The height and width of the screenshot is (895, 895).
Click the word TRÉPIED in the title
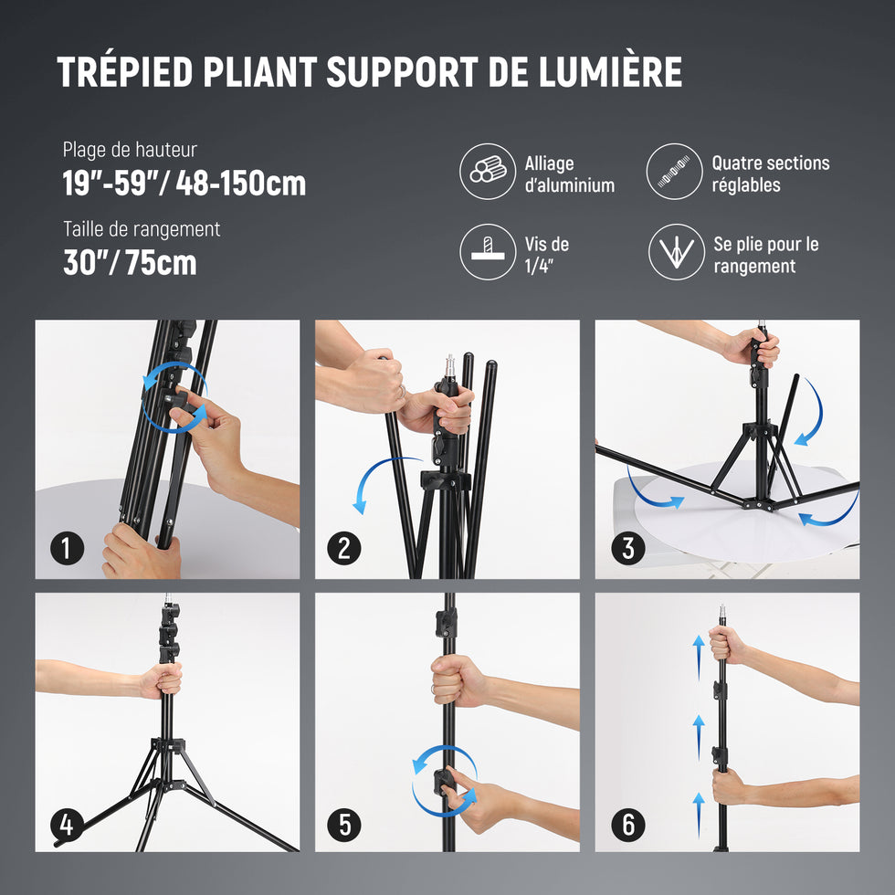(125, 72)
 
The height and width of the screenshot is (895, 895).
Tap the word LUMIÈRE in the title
(610, 71)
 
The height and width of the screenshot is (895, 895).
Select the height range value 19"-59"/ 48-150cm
(184, 184)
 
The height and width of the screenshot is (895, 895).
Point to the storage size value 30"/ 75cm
(130, 263)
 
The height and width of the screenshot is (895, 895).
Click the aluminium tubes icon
(488, 172)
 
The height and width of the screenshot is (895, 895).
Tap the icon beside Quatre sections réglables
(674, 172)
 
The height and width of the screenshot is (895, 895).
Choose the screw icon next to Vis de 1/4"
(488, 252)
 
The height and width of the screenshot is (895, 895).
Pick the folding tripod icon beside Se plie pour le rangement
(677, 252)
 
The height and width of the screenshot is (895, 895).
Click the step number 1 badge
(67, 549)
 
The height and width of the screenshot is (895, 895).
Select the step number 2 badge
(343, 549)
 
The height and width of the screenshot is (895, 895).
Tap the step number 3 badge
(628, 549)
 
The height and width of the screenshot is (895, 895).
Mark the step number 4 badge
(67, 825)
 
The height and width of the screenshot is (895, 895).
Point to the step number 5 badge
(343, 825)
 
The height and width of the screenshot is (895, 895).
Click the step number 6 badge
(628, 825)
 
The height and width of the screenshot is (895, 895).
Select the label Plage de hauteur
(130, 150)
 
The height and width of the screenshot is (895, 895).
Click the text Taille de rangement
(142, 229)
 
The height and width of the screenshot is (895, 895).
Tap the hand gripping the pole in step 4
(163, 680)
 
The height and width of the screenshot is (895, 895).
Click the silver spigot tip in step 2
(449, 365)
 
